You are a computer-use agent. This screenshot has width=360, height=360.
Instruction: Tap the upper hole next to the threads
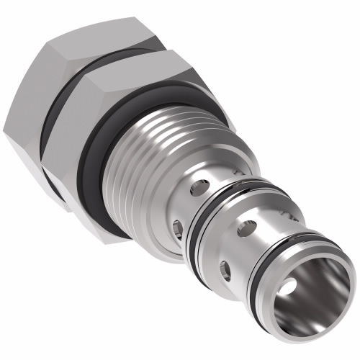click(x=196, y=189)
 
